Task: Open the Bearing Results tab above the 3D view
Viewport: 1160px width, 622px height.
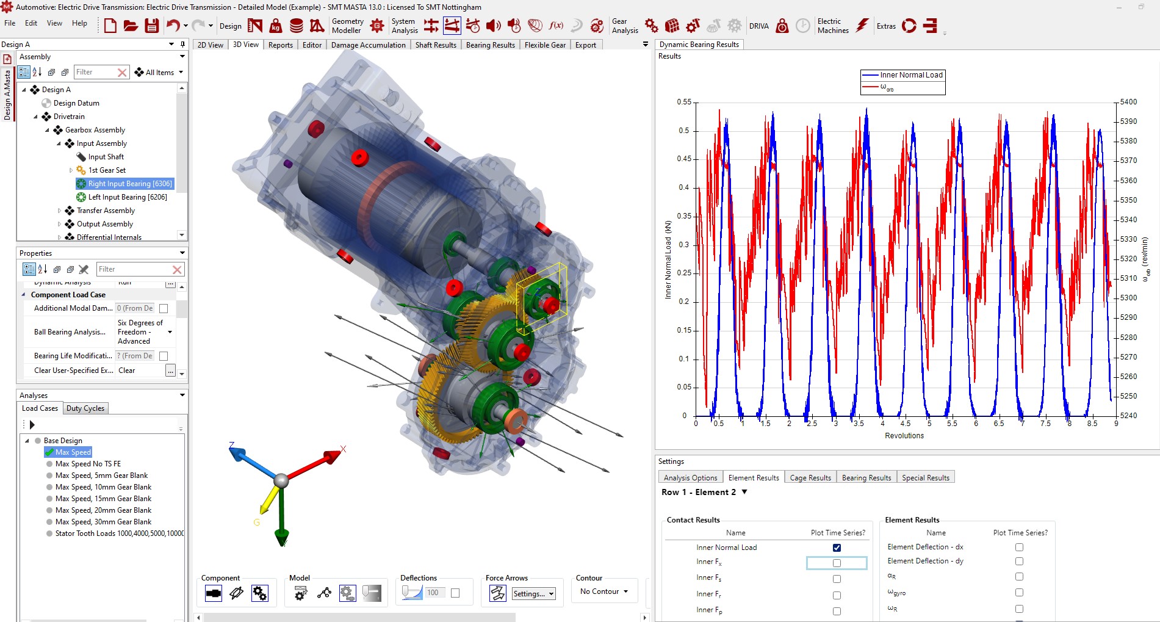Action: (490, 45)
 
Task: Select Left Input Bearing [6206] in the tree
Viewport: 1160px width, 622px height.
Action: (127, 197)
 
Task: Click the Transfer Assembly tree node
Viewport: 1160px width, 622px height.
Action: (106, 211)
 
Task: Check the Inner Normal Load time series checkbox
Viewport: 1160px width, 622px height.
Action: (837, 548)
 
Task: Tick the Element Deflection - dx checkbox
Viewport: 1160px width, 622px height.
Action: (1019, 547)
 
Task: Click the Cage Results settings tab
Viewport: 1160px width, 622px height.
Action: (810, 477)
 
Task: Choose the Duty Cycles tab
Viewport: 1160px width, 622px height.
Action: (85, 408)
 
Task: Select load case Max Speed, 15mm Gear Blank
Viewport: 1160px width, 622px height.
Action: (103, 499)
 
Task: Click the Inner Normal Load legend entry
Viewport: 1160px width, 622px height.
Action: (911, 75)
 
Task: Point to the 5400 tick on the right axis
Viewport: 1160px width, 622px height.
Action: (1128, 102)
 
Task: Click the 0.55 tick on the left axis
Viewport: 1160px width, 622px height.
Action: (684, 102)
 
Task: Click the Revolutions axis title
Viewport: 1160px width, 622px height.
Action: (904, 436)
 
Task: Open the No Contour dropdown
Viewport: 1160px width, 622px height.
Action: (604, 591)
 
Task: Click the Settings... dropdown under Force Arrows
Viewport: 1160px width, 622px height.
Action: (533, 593)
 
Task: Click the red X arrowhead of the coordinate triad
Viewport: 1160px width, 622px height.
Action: (333, 455)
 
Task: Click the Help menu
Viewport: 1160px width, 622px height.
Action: (79, 23)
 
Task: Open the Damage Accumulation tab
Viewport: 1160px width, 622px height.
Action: (368, 45)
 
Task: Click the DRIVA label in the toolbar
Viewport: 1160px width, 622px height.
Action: (758, 26)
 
